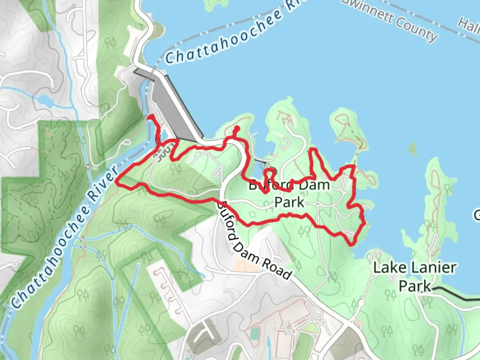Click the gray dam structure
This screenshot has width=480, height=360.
tap(173, 107)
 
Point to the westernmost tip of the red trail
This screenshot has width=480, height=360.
tap(117, 181)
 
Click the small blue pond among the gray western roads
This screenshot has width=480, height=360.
tap(45, 100)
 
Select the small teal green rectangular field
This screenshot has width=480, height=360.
tap(254, 333)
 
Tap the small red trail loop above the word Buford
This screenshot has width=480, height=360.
tap(271, 173)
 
